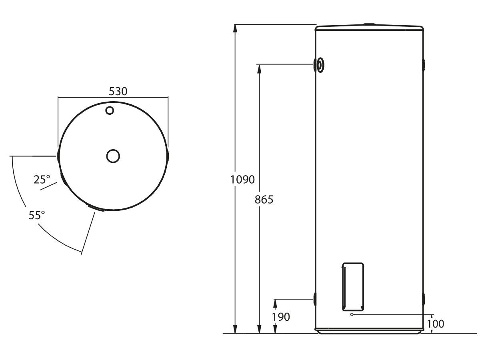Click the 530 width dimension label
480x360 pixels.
118,91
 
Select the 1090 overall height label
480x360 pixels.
242,180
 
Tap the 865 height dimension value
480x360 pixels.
264,199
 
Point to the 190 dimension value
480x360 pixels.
281,317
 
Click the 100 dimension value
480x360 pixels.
436,324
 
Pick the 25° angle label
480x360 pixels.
42,180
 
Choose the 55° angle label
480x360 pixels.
36,215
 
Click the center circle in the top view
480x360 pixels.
113,156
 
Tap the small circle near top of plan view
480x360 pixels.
110,110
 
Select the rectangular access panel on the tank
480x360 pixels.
353,286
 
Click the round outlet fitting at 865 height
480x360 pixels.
320,65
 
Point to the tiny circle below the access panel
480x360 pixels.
352,314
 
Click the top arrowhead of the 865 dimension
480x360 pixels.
260,69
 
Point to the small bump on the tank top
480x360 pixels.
369,25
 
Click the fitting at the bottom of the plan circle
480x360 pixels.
96,208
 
